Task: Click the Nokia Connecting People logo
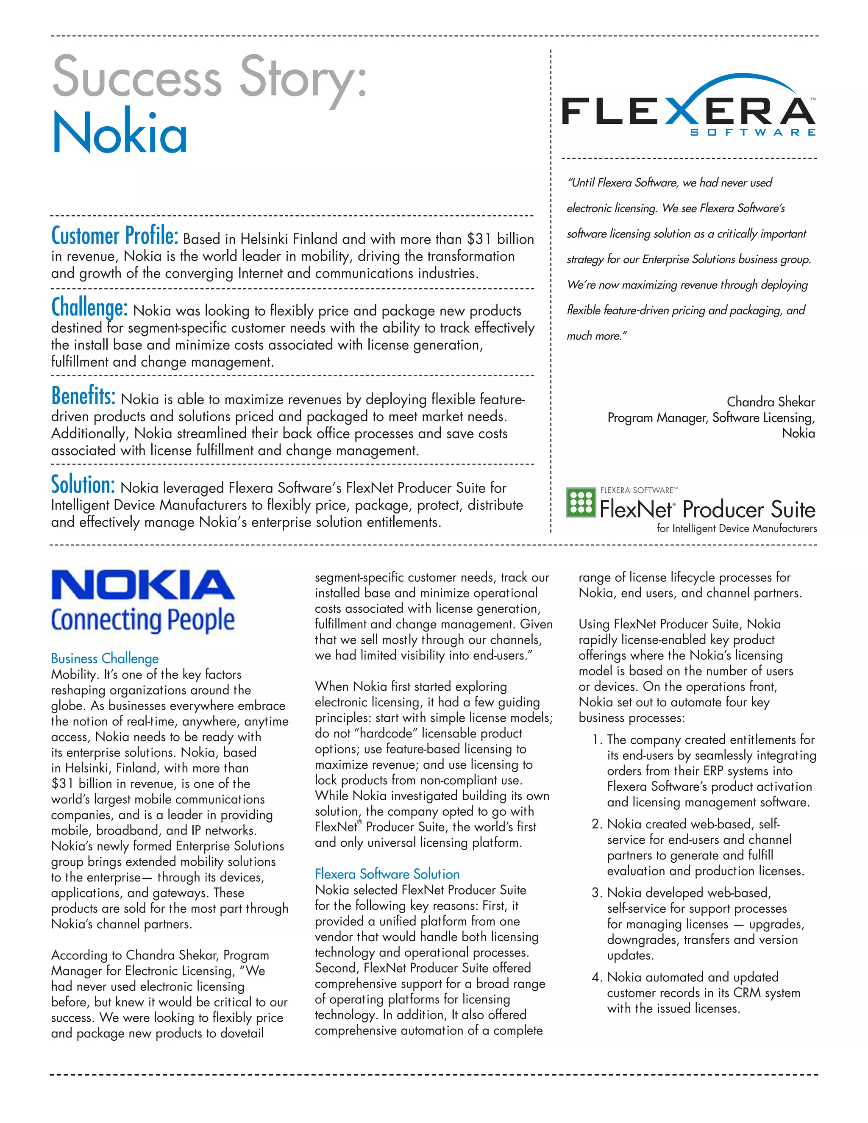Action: pyautogui.click(x=143, y=600)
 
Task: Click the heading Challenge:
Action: pyautogui.click(x=89, y=308)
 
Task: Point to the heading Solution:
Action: pyautogui.click(x=82, y=485)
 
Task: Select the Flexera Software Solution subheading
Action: pyautogui.click(x=387, y=874)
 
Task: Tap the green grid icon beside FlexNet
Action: pyautogui.click(x=581, y=502)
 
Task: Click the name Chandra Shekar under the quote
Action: pyautogui.click(x=770, y=402)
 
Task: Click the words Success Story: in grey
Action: pyautogui.click(x=209, y=77)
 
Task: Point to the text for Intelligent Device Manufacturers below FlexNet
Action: pyautogui.click(x=736, y=528)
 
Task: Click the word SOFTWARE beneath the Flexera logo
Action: pyautogui.click(x=752, y=133)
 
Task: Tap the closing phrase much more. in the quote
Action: pyautogui.click(x=596, y=336)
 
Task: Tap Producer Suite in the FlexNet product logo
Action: pyautogui.click(x=748, y=509)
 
